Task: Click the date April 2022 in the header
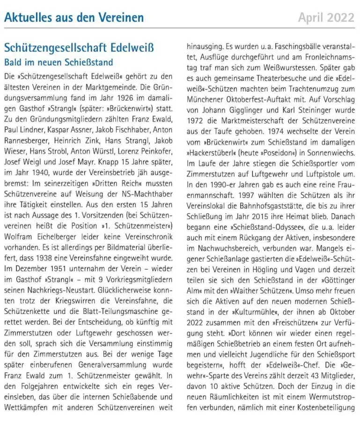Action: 326,18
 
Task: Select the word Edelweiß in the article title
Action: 132,48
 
